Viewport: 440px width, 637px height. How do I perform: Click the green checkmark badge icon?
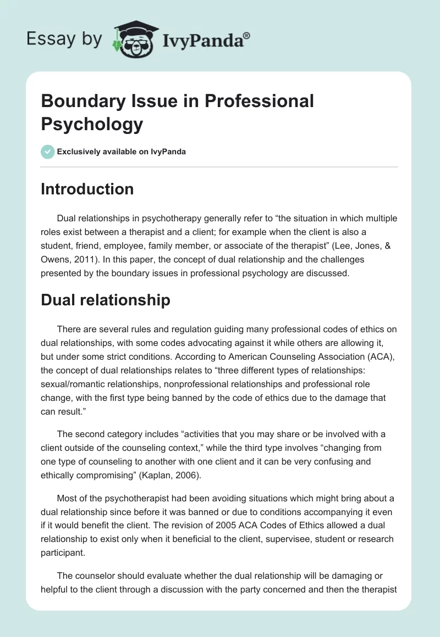coord(48,152)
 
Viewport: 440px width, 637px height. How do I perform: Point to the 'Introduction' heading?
coord(87,189)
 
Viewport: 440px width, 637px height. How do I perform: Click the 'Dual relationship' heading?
coord(106,300)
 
